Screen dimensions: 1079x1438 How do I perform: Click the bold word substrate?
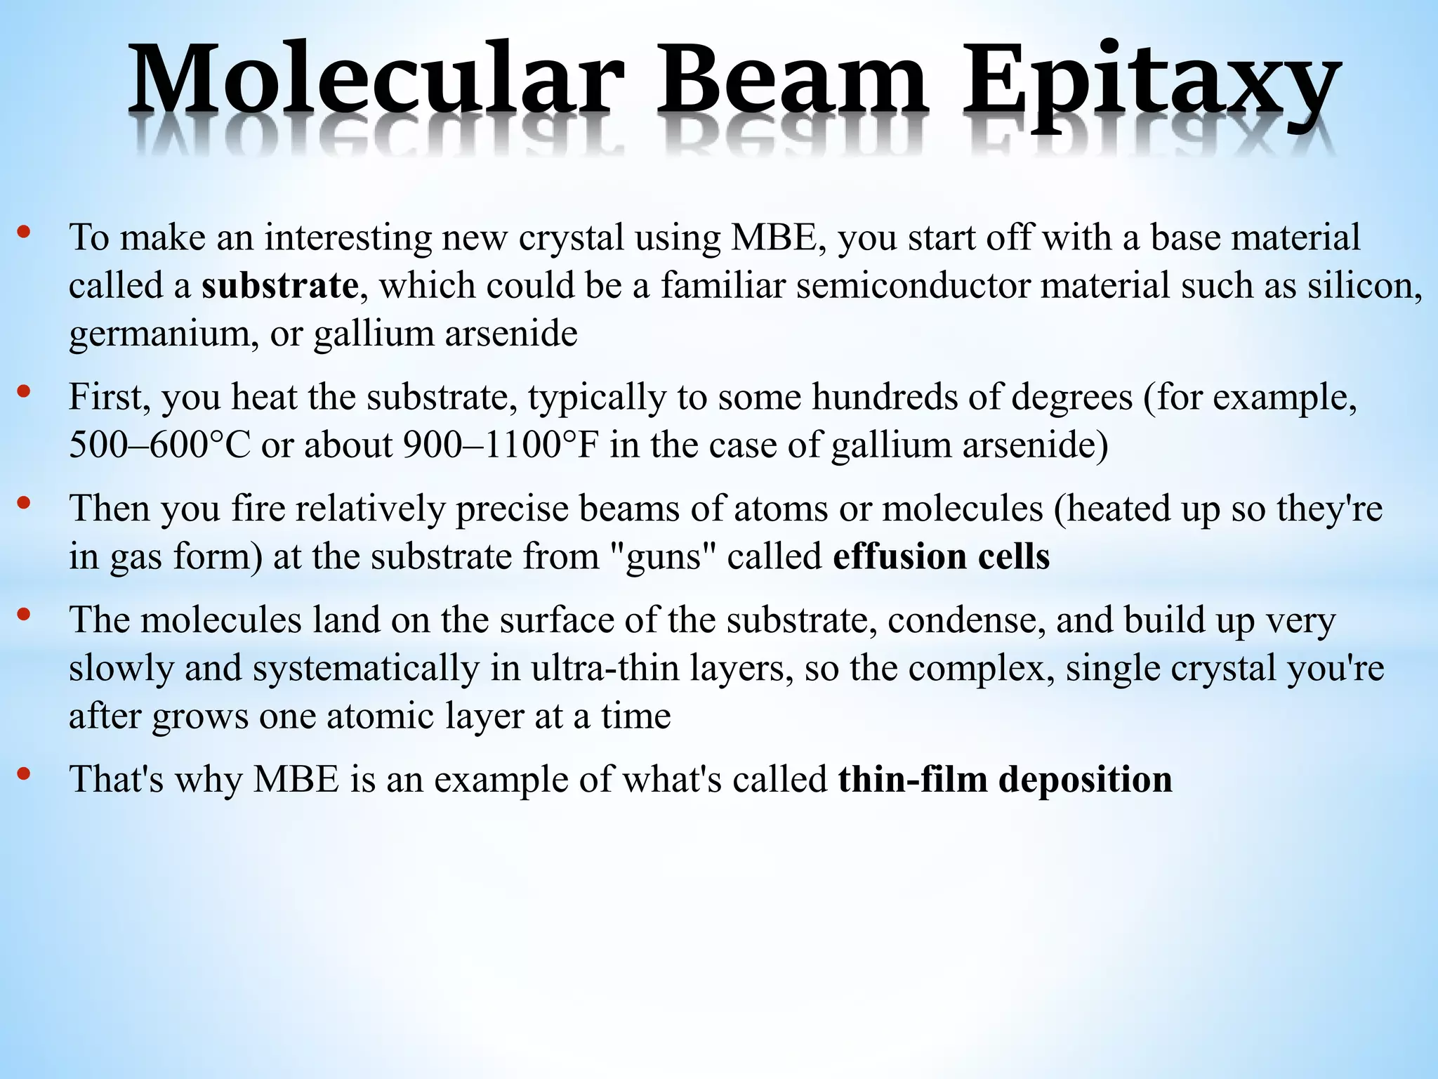[279, 286]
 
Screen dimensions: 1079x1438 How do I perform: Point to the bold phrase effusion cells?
[941, 556]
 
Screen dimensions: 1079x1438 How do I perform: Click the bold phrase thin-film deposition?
[1005, 779]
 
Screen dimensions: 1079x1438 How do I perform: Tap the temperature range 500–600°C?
[159, 445]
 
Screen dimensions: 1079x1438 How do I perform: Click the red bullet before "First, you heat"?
[24, 392]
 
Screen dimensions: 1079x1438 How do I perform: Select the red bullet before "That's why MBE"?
[24, 774]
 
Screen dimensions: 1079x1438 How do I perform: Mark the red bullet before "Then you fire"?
[24, 503]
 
